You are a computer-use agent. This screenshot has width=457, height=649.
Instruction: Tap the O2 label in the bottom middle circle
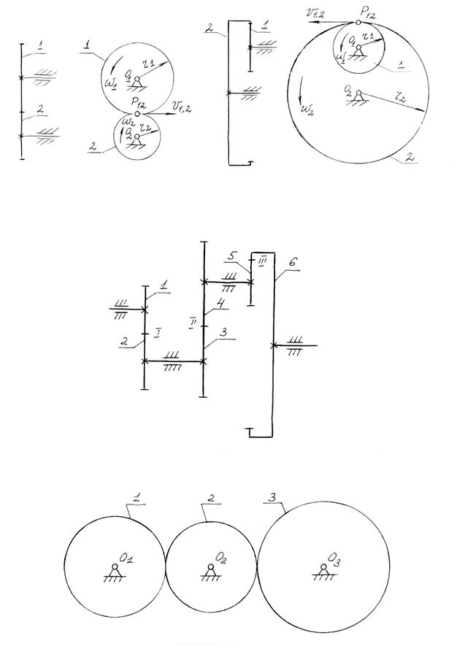point(222,558)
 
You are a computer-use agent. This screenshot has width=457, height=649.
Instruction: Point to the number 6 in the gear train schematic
point(293,261)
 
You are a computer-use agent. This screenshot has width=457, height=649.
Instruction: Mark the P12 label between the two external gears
point(137,102)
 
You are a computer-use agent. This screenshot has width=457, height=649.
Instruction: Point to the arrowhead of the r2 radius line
point(422,111)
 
